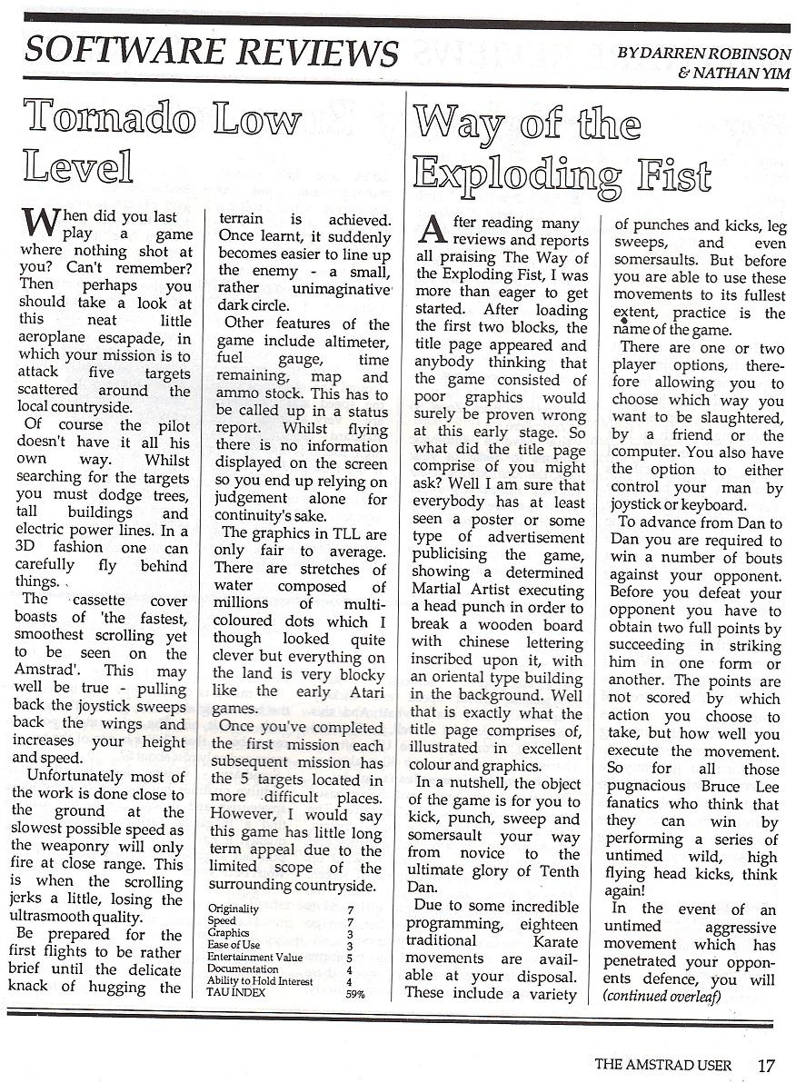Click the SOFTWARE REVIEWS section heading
pos(211,51)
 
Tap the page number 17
pos(767,1064)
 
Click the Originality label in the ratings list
pos(234,909)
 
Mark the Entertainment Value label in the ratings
pos(254,957)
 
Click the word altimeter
pos(350,341)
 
